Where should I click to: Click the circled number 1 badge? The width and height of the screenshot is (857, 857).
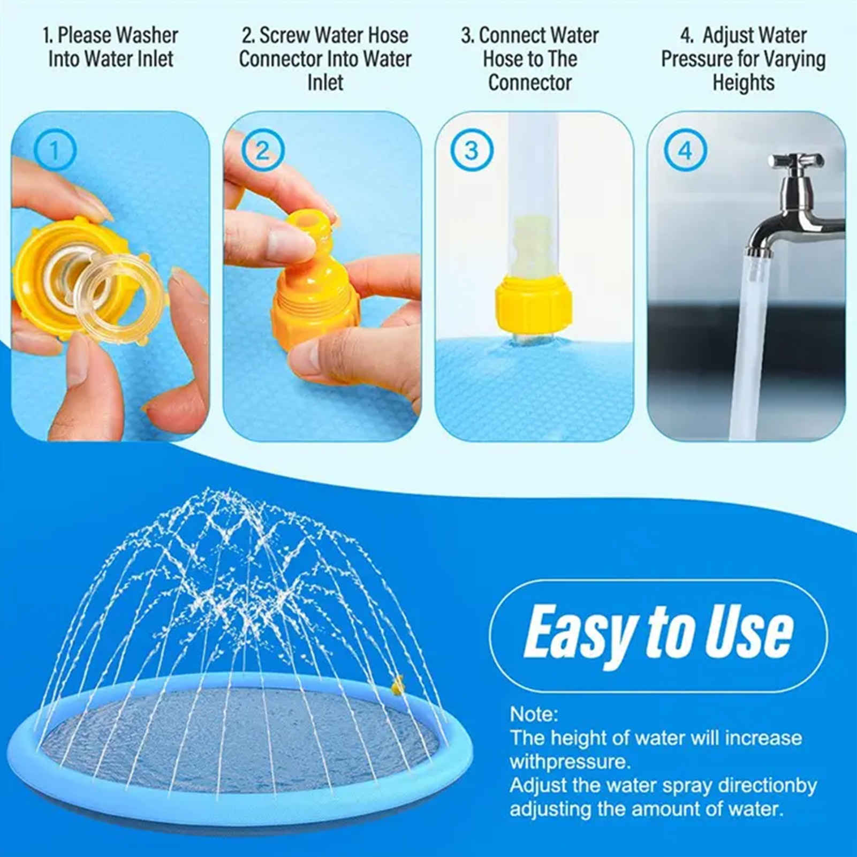click(55, 151)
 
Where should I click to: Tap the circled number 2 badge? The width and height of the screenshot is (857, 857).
click(262, 151)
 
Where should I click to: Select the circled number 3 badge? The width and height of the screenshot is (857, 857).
click(471, 151)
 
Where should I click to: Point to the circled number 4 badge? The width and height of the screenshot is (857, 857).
click(685, 151)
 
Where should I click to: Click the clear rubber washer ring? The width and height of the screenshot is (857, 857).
click(119, 289)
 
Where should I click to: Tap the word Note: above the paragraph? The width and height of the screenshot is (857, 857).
click(534, 714)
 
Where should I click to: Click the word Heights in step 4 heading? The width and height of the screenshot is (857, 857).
click(743, 83)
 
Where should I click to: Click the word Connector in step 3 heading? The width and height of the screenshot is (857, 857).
click(529, 83)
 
